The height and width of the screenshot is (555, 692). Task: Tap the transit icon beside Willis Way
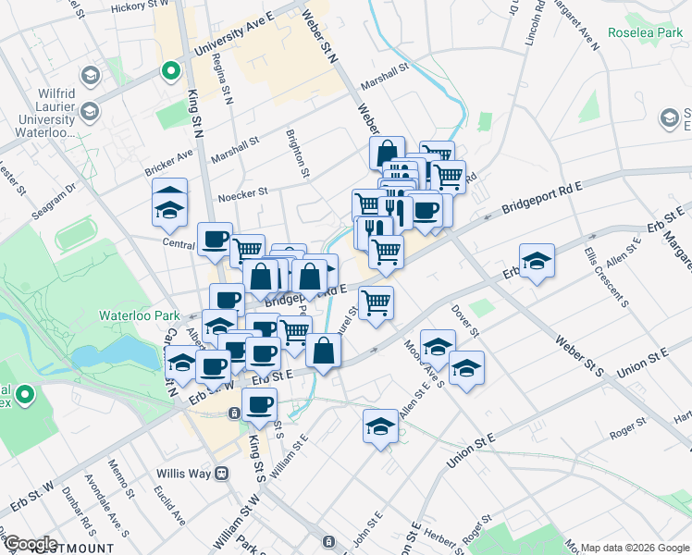pyautogui.click(x=222, y=473)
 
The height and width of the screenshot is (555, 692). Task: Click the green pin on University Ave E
pyautogui.click(x=170, y=69)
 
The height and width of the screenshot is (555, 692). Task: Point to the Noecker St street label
pyautogui.click(x=242, y=194)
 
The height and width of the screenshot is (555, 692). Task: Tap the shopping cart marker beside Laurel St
pyautogui.click(x=376, y=302)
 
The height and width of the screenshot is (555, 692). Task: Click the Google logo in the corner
pyautogui.click(x=30, y=544)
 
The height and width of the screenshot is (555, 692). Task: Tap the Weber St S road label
pyautogui.click(x=578, y=357)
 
